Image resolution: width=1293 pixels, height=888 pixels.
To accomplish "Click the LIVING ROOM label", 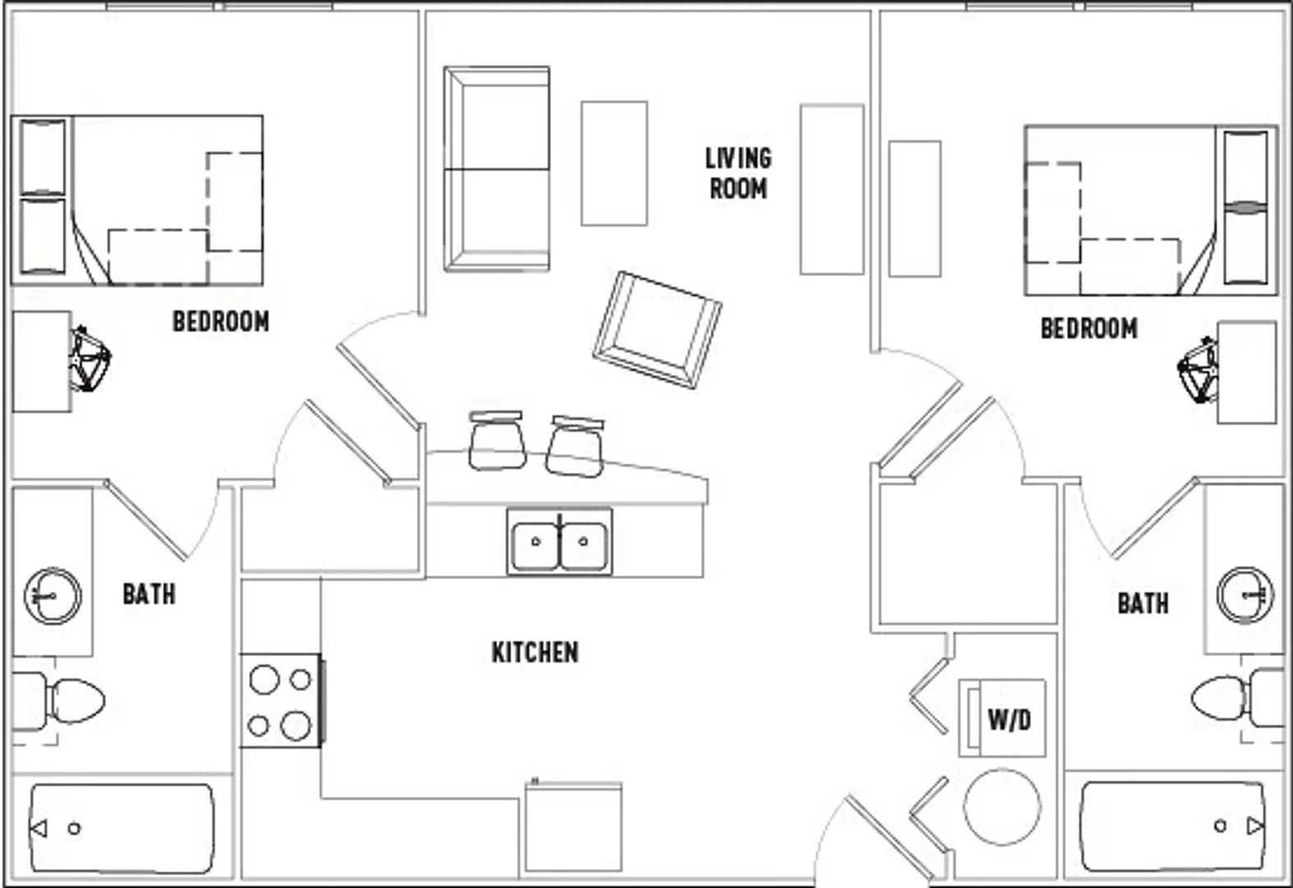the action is click(738, 173).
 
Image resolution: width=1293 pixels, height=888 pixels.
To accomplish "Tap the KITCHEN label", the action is click(534, 652).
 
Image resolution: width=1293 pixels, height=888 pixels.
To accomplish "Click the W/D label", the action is click(1009, 720).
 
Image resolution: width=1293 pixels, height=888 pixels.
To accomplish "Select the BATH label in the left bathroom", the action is click(149, 594).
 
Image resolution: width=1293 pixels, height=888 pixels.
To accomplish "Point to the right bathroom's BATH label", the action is click(1143, 604).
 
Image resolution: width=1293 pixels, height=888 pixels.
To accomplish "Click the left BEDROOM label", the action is click(221, 321).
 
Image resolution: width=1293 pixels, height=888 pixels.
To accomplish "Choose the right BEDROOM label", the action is click(1089, 329).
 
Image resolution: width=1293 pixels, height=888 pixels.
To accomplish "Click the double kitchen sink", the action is click(559, 542).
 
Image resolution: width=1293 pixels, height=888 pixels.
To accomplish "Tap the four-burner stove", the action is click(282, 701).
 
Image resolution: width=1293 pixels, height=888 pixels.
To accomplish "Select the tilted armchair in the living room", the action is click(657, 330).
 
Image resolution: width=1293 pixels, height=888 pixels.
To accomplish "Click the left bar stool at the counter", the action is click(497, 440).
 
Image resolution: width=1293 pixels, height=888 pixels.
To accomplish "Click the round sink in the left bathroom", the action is click(53, 596).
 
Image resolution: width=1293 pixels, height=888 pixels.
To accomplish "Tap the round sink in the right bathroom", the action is click(1245, 595).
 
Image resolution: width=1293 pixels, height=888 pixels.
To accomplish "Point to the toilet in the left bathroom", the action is click(58, 701).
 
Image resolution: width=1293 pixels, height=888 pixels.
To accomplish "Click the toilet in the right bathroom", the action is click(1241, 697).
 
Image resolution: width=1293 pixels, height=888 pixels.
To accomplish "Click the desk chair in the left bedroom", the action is click(90, 359).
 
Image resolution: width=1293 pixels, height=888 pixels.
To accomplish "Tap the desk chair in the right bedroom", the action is click(1198, 370).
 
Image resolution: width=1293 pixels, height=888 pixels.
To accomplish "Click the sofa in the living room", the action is click(496, 169).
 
